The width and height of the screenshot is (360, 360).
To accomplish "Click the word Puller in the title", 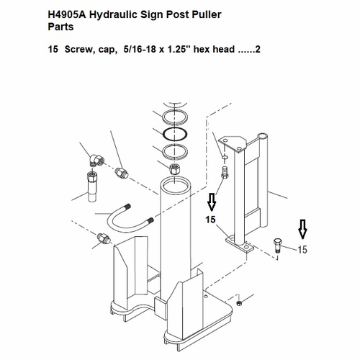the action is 206,14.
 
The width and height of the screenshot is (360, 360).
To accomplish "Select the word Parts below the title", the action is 60,27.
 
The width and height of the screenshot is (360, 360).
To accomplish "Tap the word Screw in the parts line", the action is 77,50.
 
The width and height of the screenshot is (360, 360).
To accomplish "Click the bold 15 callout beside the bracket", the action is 210,220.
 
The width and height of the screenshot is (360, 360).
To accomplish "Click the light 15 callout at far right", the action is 302,250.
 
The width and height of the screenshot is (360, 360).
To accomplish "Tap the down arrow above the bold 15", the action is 212,202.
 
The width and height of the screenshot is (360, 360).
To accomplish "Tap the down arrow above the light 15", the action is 302,230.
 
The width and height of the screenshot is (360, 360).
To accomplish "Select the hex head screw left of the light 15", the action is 278,245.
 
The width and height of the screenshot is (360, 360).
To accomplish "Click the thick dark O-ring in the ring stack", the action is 175,134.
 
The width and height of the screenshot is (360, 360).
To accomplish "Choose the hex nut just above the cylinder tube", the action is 174,168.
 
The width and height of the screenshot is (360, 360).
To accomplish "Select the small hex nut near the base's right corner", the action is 239,303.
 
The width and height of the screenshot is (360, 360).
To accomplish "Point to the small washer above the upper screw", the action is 225,158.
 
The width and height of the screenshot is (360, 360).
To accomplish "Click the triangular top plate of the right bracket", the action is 234,144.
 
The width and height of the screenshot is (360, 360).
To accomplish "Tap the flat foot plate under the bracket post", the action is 240,244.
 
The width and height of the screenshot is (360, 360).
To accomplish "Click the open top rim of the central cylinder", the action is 175,185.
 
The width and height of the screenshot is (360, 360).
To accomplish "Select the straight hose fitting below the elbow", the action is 92,186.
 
